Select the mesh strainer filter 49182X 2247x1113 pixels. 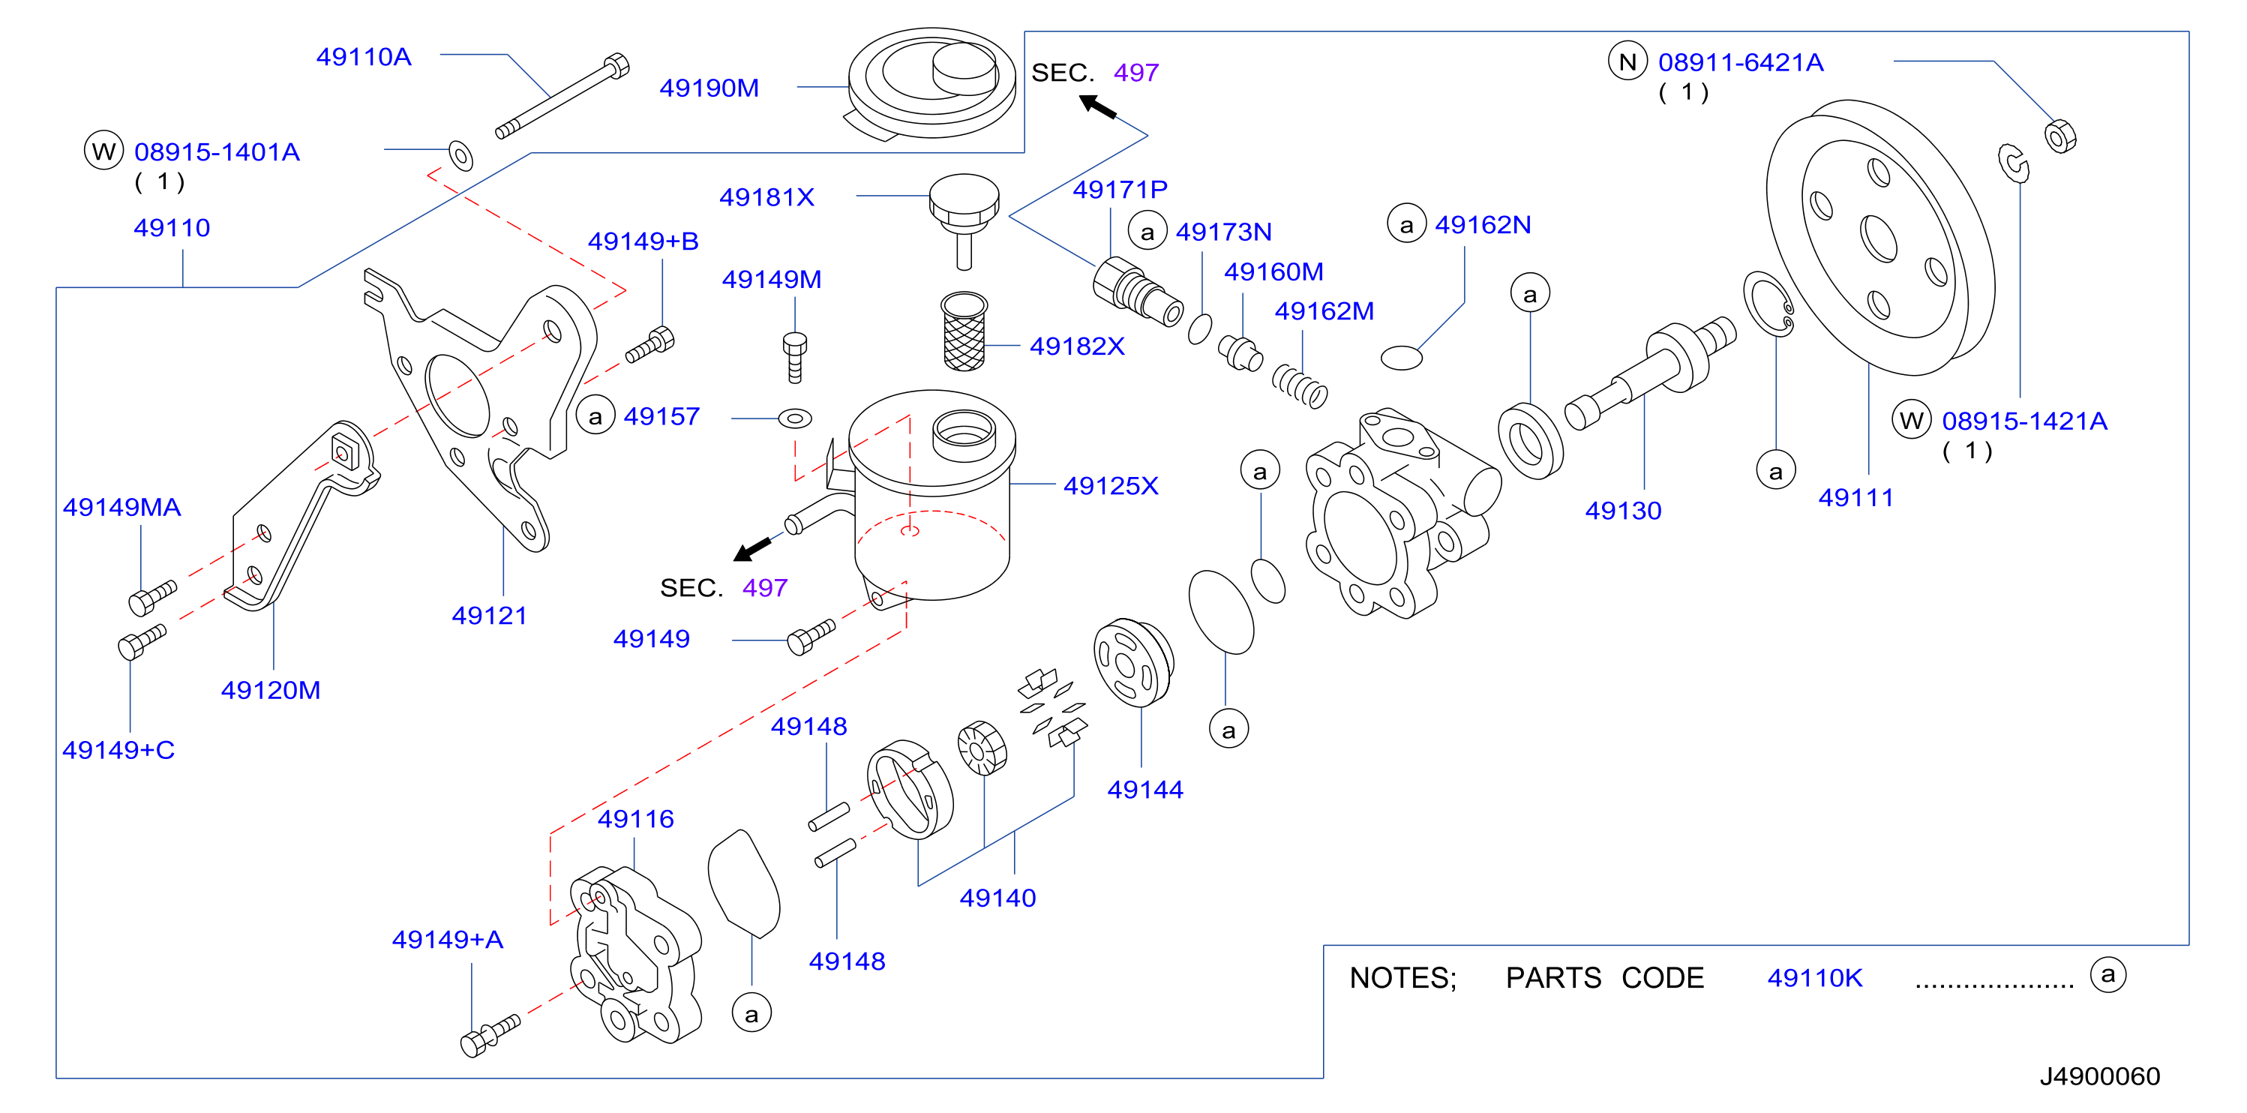coord(964,331)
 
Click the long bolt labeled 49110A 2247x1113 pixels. coord(562,96)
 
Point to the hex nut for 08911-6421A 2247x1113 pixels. coord(2060,136)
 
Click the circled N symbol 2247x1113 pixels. coord(1627,62)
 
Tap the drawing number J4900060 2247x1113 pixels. coord(2098,1075)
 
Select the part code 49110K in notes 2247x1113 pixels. coord(1814,978)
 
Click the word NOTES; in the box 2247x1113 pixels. coord(1402,978)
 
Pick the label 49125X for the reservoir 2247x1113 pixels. coord(1111,486)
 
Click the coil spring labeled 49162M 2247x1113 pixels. coord(1300,385)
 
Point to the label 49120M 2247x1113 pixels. coord(271,690)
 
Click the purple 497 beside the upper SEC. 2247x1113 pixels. coord(1135,73)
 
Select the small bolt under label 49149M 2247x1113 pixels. coord(793,358)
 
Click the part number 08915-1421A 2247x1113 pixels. coord(2023,421)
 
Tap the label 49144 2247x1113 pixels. coord(1144,790)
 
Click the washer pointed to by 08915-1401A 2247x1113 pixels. coord(460,155)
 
